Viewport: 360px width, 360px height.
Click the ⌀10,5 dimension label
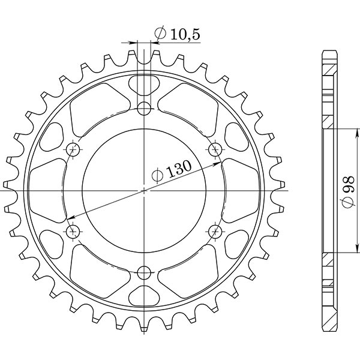point(177,35)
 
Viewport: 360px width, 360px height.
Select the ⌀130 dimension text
point(172,172)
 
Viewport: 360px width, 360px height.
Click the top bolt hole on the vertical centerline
point(144,109)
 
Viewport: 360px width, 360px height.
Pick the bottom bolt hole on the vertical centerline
point(144,274)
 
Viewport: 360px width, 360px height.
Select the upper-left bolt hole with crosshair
point(73,149)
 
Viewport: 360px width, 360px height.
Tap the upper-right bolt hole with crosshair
point(215,149)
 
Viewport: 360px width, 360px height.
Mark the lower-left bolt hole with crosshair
point(73,230)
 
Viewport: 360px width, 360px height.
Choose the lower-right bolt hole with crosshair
point(215,230)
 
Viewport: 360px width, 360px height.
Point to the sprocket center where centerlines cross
point(144,191)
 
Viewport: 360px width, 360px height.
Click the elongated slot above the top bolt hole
point(144,84)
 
